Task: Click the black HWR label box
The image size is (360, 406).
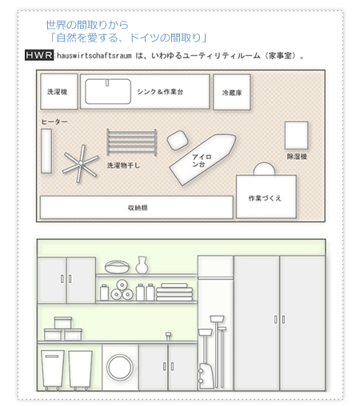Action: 38,56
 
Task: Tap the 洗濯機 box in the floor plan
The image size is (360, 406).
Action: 58,93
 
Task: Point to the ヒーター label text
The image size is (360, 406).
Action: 54,121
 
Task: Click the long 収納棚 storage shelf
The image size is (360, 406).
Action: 136,207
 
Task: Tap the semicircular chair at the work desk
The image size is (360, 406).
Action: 263,169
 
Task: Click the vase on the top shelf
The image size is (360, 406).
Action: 142,265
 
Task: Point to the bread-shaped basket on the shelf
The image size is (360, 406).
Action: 117,266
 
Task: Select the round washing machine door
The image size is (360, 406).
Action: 118,368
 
